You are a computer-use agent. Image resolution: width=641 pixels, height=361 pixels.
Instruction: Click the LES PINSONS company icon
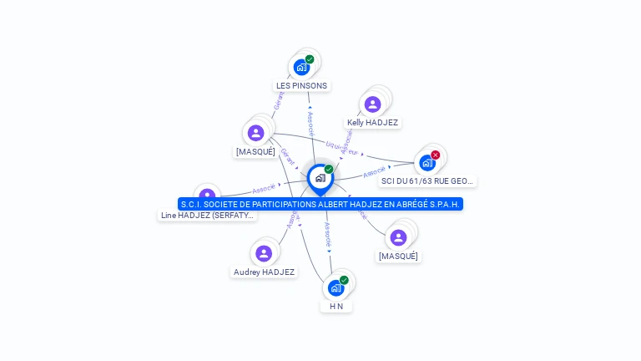(x=301, y=67)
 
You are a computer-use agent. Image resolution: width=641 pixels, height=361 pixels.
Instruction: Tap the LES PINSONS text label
(x=301, y=85)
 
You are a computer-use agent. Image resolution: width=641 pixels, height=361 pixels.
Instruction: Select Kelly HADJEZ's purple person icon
(x=372, y=104)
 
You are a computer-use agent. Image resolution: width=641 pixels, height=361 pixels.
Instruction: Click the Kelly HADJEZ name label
(x=372, y=123)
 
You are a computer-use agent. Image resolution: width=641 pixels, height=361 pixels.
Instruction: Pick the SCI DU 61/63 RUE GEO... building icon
(x=427, y=162)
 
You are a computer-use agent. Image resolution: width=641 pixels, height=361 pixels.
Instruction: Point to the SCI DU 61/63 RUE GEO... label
(x=427, y=180)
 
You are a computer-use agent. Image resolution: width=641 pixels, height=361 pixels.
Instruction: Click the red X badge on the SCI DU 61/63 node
(x=436, y=155)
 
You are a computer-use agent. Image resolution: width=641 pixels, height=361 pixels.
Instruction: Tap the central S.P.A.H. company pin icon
(x=320, y=178)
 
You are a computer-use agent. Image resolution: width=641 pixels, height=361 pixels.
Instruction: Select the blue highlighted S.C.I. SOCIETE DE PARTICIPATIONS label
(x=320, y=204)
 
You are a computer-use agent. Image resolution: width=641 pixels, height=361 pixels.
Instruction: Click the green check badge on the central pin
(x=329, y=170)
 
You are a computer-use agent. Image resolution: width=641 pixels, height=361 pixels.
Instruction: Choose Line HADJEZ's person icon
(x=206, y=197)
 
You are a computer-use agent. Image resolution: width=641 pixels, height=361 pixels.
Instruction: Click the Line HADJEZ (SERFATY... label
(x=208, y=216)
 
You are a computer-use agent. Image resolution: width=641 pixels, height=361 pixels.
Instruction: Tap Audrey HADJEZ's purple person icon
(x=264, y=253)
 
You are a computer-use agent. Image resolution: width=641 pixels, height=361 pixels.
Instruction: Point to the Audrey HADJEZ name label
(x=264, y=272)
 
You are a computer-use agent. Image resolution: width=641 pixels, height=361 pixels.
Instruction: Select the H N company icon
(x=336, y=287)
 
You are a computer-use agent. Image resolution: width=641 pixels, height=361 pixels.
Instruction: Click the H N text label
(x=336, y=307)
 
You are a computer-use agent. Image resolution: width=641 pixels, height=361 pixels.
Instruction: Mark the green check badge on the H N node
(x=344, y=280)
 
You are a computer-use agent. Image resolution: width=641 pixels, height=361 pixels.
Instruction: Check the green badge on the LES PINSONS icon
(x=310, y=59)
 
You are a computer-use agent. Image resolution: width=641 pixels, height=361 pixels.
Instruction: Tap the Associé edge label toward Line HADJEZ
(x=264, y=189)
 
